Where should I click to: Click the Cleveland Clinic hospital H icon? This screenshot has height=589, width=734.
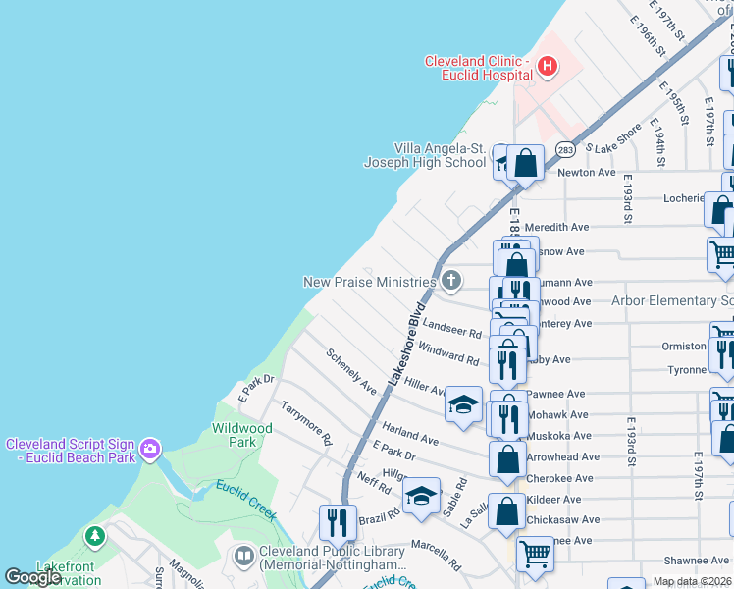point(547,67)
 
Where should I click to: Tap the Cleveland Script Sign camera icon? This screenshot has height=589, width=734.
point(149,450)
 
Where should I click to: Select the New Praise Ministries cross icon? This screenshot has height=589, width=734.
point(450,282)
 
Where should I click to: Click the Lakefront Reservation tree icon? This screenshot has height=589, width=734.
point(94,536)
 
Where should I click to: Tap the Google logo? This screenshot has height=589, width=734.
point(33,577)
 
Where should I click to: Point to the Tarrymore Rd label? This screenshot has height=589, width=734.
point(306,424)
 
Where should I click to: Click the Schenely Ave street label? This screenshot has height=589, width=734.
point(351,372)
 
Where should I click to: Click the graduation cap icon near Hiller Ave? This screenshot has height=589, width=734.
point(462,403)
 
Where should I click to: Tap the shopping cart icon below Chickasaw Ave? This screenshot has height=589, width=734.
point(535,553)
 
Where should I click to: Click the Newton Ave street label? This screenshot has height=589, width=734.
point(586,173)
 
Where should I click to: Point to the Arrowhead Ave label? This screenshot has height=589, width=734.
point(562,456)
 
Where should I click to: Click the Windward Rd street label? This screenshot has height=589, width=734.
point(448,353)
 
